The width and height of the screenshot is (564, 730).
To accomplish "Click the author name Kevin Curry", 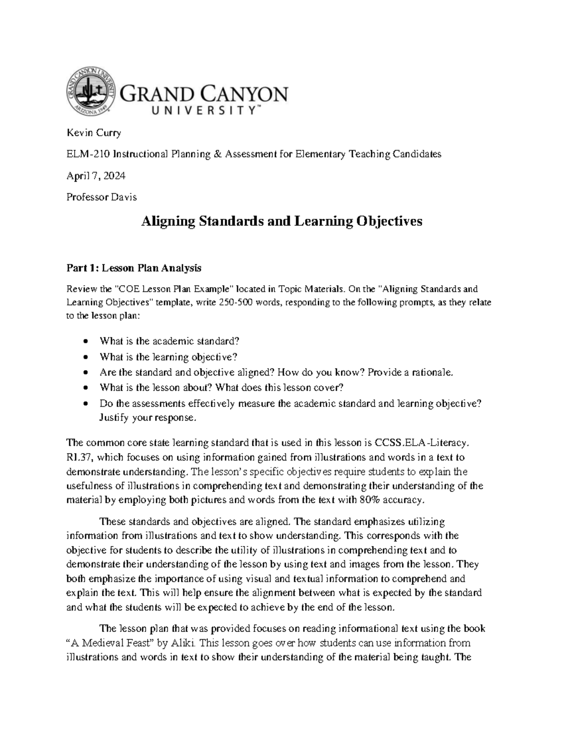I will [94, 133].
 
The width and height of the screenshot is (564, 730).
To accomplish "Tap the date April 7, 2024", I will [96, 176].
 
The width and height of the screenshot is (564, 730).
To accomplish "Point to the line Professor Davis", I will [102, 197].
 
